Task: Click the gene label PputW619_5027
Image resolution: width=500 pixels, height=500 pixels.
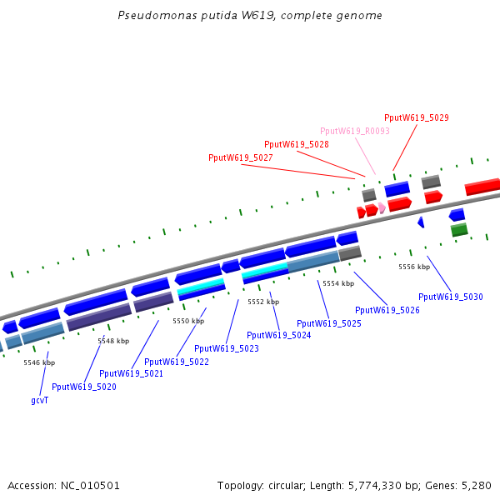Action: click(x=241, y=157)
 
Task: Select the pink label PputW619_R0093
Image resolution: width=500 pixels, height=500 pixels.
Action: click(x=355, y=131)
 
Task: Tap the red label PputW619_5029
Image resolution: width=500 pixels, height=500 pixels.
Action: click(x=417, y=117)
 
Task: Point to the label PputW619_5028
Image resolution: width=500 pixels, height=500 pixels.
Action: click(x=297, y=144)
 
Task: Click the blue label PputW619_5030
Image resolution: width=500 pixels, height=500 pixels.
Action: click(x=451, y=297)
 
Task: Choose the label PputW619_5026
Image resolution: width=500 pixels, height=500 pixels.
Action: click(x=387, y=310)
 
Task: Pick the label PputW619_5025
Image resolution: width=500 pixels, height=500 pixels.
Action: click(x=329, y=323)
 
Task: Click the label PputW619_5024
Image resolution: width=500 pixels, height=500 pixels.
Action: click(x=279, y=335)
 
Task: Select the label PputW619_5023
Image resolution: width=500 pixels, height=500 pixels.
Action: click(x=227, y=348)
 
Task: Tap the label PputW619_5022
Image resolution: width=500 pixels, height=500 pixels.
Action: click(x=177, y=362)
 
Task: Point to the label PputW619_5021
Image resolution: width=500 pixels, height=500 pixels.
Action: click(x=131, y=373)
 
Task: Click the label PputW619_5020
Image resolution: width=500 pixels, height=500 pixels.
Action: click(x=84, y=387)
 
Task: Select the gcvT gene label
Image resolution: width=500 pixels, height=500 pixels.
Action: click(x=40, y=400)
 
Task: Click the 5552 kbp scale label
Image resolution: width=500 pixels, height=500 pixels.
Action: click(x=263, y=302)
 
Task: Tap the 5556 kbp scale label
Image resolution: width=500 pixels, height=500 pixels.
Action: click(x=414, y=267)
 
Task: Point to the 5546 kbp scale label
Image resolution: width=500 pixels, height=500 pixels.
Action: click(x=39, y=362)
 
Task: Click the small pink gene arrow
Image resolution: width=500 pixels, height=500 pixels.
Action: click(x=382, y=207)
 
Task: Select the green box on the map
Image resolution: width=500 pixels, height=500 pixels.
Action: click(x=459, y=229)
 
